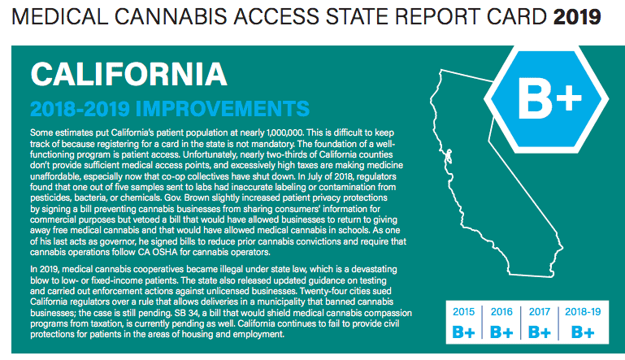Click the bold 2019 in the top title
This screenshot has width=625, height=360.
(x=577, y=17)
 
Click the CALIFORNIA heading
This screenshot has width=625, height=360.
(x=128, y=74)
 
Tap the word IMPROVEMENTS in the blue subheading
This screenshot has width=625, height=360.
(x=223, y=108)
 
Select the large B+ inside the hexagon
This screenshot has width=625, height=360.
(x=549, y=98)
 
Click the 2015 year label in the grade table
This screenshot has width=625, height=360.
(x=463, y=312)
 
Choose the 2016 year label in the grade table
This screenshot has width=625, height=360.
(x=501, y=312)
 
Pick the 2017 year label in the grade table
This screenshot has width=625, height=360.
(x=540, y=312)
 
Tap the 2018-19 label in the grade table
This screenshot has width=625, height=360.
(x=583, y=312)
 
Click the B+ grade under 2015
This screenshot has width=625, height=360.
(x=463, y=332)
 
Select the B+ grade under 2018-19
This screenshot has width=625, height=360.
(x=583, y=332)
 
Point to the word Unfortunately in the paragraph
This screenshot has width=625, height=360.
(x=210, y=154)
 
